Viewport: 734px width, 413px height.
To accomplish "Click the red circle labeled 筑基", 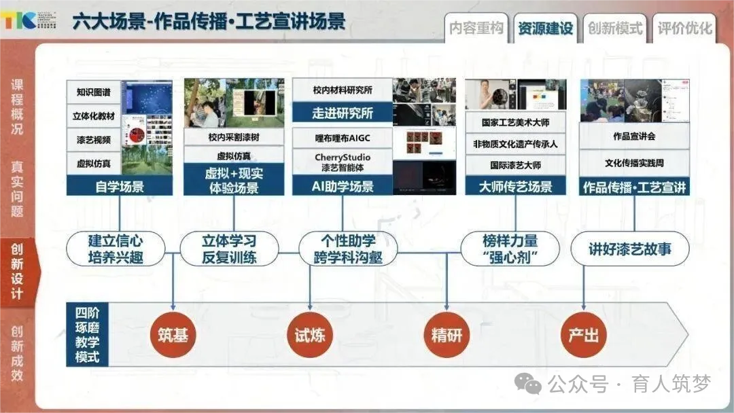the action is (173, 335).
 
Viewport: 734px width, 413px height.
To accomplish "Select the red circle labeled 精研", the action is (447, 335).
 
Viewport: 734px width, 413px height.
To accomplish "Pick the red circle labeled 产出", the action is (584, 335).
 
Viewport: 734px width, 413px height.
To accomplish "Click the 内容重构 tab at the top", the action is (476, 29).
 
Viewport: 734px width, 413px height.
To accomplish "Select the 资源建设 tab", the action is (545, 29).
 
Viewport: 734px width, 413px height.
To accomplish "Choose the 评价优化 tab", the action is (684, 29).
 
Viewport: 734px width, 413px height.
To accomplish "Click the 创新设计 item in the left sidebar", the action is (17, 272).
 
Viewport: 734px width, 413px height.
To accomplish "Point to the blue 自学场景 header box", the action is (120, 186).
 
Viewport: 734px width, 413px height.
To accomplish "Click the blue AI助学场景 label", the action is (343, 186).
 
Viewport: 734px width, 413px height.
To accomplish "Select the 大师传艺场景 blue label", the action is (515, 186).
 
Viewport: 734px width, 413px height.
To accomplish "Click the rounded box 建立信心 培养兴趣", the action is (116, 249).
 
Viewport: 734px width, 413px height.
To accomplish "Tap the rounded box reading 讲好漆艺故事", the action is (630, 249).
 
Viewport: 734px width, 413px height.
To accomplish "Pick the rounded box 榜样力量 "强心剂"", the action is (510, 249).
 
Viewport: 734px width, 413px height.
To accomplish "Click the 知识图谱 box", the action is (94, 91).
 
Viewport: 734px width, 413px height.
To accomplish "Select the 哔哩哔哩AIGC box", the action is (343, 138).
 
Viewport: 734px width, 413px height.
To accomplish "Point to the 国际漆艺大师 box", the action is (515, 165).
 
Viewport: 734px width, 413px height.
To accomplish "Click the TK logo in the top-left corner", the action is (18, 20).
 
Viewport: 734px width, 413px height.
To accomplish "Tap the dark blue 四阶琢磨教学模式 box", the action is (87, 335).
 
